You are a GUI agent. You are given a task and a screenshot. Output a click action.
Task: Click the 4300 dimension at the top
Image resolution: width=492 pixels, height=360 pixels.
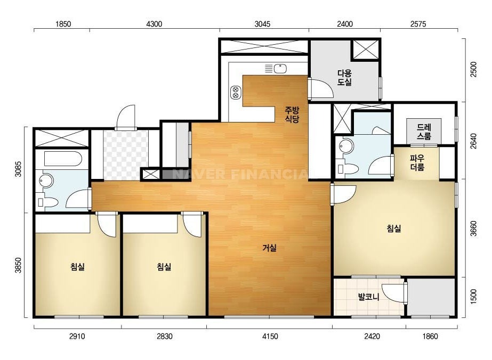(x=154, y=24)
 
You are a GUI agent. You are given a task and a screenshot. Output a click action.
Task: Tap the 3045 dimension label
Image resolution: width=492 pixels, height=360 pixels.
(x=262, y=24)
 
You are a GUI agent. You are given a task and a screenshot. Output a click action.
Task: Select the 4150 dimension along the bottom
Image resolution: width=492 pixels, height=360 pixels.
(x=270, y=337)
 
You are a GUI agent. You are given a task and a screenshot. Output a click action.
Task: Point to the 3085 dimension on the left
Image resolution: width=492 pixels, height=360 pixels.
(x=18, y=169)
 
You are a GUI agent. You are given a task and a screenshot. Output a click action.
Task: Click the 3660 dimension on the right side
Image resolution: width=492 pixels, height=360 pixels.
(x=473, y=228)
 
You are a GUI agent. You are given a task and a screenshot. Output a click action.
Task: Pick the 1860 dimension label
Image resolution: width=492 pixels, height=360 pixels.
(x=430, y=337)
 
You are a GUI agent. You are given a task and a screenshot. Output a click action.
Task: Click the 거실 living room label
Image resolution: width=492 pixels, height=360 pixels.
(x=270, y=248)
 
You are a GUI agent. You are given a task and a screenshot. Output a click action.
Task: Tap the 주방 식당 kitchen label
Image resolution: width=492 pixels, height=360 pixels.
(x=292, y=114)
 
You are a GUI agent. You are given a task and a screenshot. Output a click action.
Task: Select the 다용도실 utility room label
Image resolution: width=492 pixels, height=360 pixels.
(x=344, y=78)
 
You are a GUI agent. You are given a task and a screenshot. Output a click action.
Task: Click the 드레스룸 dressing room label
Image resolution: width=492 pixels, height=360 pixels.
(x=424, y=132)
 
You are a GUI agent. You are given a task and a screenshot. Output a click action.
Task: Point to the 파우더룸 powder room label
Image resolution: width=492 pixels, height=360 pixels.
(x=417, y=163)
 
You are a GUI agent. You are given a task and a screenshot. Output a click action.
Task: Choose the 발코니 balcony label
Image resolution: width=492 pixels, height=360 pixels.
(x=369, y=296)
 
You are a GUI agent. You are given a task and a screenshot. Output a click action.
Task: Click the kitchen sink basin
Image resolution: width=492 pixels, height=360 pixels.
(x=280, y=68)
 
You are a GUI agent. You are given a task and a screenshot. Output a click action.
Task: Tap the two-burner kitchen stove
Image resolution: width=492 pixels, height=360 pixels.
(x=235, y=92)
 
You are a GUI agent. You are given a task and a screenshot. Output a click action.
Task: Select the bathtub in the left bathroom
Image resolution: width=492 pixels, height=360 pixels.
(x=63, y=159)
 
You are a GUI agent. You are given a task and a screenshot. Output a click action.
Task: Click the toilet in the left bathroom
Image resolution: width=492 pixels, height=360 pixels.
(x=47, y=202)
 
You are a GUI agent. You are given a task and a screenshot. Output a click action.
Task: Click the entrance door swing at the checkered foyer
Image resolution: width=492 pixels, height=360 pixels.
(x=125, y=117)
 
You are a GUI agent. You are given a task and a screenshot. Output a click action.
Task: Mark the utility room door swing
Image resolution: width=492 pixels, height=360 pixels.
(x=321, y=89)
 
